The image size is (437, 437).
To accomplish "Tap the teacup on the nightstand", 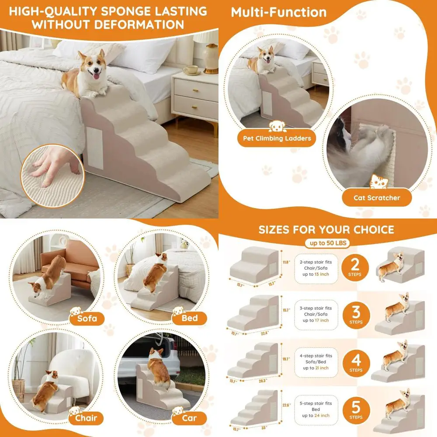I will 191,70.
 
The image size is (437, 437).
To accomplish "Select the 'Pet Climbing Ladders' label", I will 277,139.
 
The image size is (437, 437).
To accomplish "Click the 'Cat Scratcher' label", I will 376,198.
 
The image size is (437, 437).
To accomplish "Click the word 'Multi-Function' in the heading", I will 279,12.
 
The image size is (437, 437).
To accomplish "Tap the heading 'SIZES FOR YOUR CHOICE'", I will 326,229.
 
